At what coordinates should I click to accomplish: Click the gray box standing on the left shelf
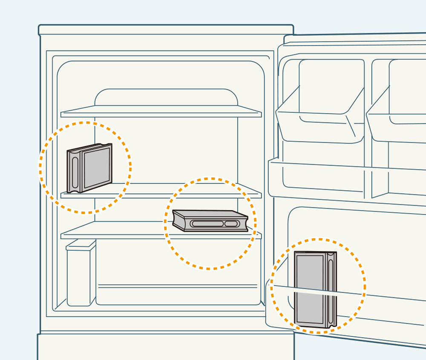[x=89, y=168]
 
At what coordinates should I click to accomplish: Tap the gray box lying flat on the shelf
[x=210, y=221]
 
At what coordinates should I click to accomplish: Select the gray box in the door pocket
[x=315, y=289]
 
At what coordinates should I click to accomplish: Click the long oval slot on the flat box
[x=207, y=223]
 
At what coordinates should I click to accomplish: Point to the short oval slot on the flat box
[x=231, y=224]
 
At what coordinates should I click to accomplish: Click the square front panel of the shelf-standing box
[x=97, y=168]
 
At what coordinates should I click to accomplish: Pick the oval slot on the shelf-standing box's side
[x=75, y=173]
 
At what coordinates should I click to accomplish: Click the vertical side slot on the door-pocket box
[x=331, y=289]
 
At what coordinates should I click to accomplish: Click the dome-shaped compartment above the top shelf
[x=166, y=97]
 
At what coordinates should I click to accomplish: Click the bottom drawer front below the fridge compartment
[x=166, y=347]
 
